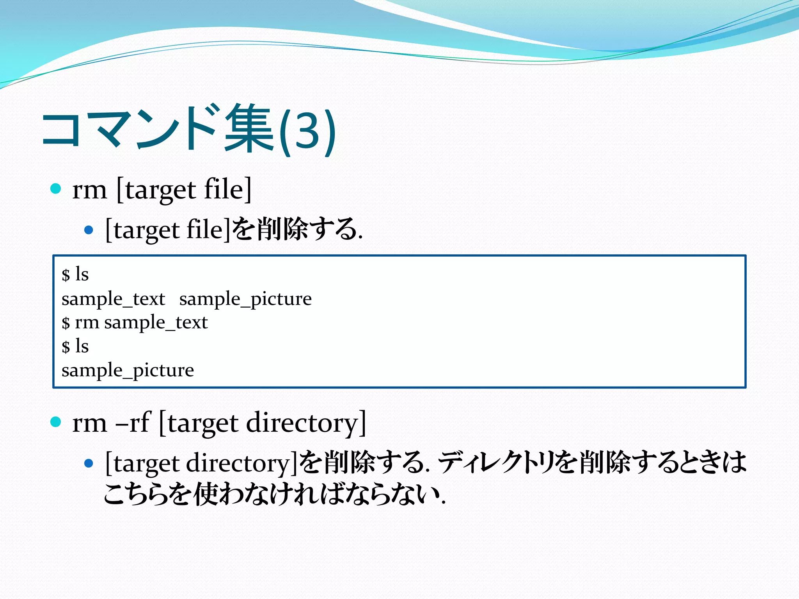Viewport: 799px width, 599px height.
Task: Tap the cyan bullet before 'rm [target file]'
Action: point(56,189)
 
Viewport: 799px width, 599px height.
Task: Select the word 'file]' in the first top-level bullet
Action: point(228,190)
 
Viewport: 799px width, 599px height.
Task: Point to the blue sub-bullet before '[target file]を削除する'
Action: point(89,230)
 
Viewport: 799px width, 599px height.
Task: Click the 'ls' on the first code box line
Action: point(82,274)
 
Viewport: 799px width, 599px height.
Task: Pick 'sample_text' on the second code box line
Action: point(113,299)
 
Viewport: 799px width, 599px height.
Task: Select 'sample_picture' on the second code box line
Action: point(245,299)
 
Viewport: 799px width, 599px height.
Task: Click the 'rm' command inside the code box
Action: point(87,323)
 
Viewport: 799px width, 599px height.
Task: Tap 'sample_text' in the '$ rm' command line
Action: point(156,323)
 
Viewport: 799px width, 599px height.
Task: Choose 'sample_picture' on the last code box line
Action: point(128,370)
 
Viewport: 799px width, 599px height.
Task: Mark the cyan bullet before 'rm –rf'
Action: point(56,422)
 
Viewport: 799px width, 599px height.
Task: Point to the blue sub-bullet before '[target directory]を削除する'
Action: point(89,463)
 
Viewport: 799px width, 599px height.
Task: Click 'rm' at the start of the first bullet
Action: point(89,190)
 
